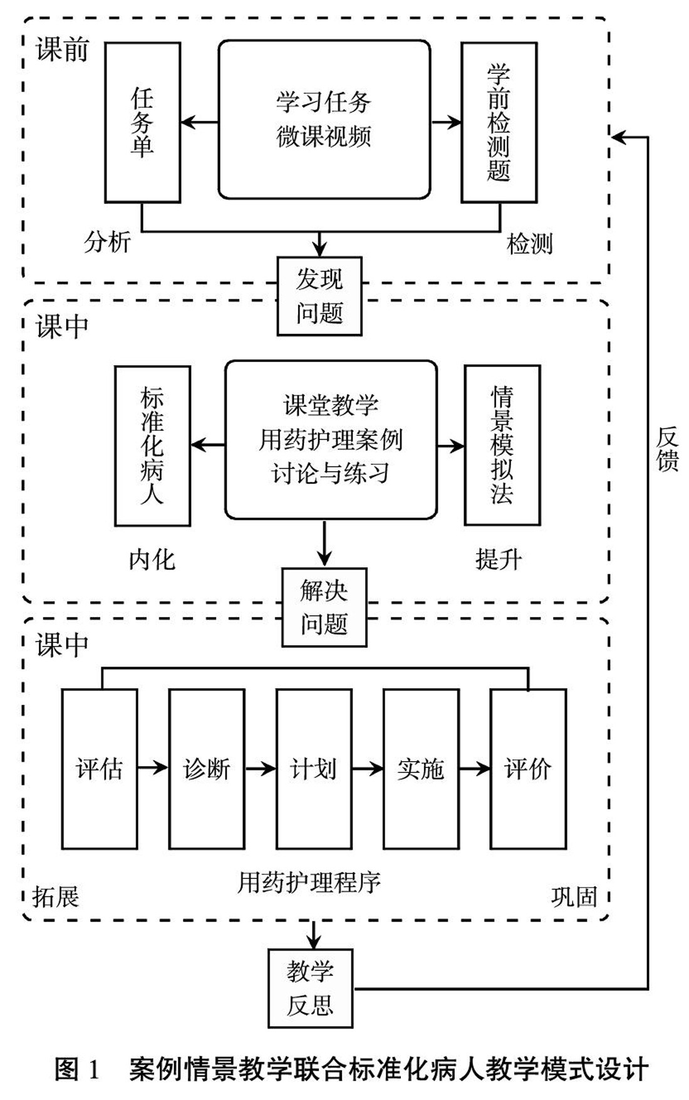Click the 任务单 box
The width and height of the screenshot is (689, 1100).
coord(142,123)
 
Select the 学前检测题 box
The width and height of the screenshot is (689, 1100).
coord(499,123)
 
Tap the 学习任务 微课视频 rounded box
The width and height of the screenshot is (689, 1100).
coord(324,120)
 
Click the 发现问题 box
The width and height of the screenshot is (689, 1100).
coord(319,296)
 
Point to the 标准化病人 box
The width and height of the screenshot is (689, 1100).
coord(152,445)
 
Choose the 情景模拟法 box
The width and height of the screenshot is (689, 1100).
coord(502,445)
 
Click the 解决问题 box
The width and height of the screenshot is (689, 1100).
coord(324,607)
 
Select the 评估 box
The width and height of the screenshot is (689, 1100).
coord(99,769)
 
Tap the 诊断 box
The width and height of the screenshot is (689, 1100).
coord(207,769)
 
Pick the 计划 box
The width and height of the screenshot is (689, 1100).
coord(314,769)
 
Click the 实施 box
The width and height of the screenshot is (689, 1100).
coord(421,769)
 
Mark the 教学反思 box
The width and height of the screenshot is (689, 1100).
coord(310,988)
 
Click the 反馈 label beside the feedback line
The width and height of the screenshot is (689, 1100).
coord(667,449)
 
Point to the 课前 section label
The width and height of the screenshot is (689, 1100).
coord(62,50)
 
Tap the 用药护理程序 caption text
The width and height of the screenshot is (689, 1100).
coord(309,882)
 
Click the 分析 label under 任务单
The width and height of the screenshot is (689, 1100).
coord(107,241)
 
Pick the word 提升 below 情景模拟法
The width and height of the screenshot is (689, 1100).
coord(498,559)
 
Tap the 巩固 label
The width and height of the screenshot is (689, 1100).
coord(574,896)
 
